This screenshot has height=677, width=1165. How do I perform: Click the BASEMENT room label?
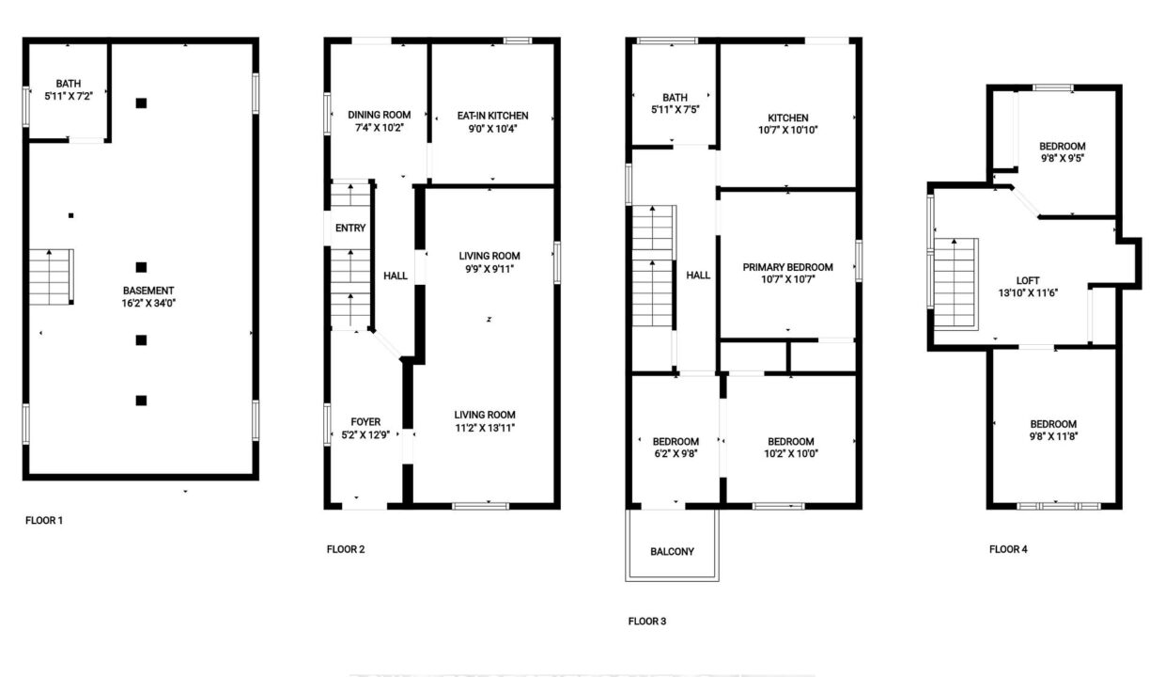point(148,291)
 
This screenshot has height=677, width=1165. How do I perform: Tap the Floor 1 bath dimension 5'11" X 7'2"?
point(69,96)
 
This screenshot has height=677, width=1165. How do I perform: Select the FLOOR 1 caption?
point(44,520)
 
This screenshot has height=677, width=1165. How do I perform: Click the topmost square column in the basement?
point(141,103)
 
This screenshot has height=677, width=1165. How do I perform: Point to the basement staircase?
point(51,276)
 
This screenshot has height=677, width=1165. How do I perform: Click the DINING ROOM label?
point(380,115)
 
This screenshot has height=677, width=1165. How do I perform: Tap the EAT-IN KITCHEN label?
point(492,116)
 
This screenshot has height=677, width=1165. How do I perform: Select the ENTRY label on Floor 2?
point(350,228)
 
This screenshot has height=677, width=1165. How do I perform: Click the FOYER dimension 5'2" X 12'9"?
point(365,435)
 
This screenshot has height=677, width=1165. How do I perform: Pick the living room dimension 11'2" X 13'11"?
point(485,428)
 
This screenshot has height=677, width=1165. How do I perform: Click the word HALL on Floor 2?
point(396,276)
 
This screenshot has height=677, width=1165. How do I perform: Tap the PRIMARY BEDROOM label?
point(788,267)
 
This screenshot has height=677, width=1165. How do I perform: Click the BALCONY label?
point(672,552)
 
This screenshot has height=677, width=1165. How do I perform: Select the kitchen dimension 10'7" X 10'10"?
point(788,130)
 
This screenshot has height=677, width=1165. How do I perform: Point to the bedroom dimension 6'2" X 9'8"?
point(676,453)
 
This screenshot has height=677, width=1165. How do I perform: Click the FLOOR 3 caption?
point(647,622)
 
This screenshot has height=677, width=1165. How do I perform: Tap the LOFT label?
point(1028,280)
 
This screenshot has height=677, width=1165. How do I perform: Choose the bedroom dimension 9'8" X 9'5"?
point(1062,158)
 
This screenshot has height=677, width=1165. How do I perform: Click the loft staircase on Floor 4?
point(955,284)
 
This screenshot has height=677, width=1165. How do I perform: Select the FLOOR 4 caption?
point(1008,549)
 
